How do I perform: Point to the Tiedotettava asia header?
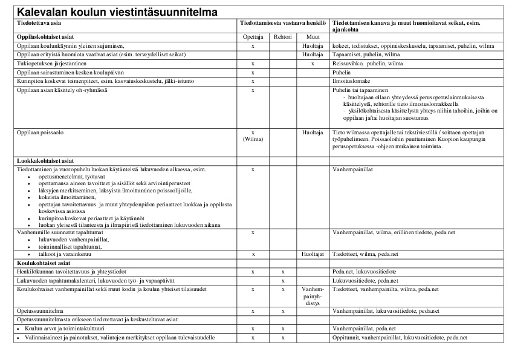[39, 22]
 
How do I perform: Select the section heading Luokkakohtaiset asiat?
[45, 161]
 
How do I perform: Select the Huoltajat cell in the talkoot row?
[313, 255]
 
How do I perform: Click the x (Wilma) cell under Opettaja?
[252, 135]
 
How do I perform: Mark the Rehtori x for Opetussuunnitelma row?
[283, 310]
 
